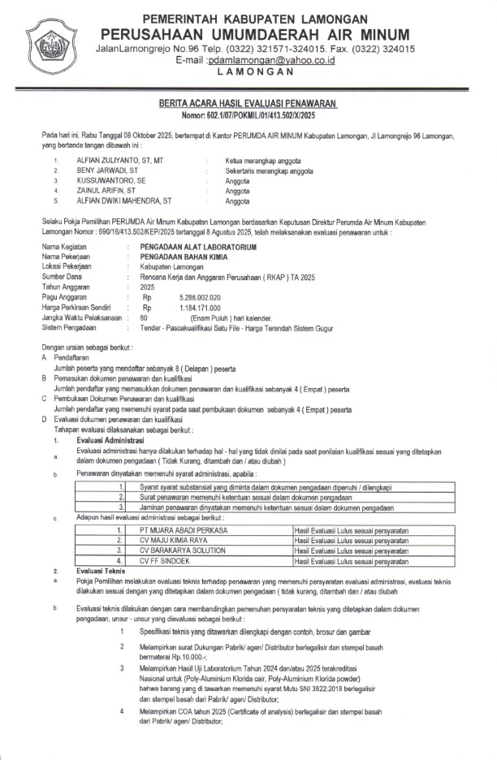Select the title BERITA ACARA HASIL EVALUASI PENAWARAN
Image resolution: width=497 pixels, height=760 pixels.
pyautogui.click(x=248, y=105)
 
